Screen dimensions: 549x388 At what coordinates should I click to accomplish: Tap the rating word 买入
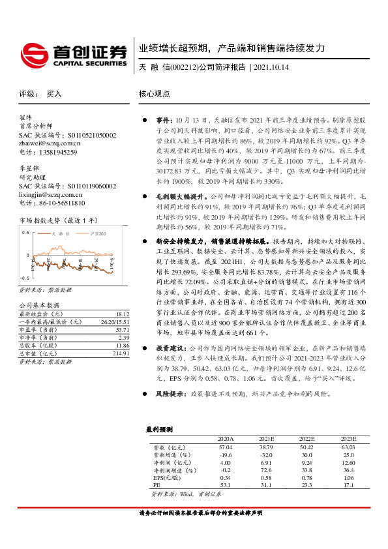pyautogui.click(x=54, y=94)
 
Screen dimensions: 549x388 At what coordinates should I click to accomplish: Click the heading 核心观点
pyautogui.click(x=154, y=94)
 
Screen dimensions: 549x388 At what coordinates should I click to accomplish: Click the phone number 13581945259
pyautogui.click(x=57, y=152)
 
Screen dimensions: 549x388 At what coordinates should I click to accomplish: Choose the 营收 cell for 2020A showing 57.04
pyautogui.click(x=225, y=447)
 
